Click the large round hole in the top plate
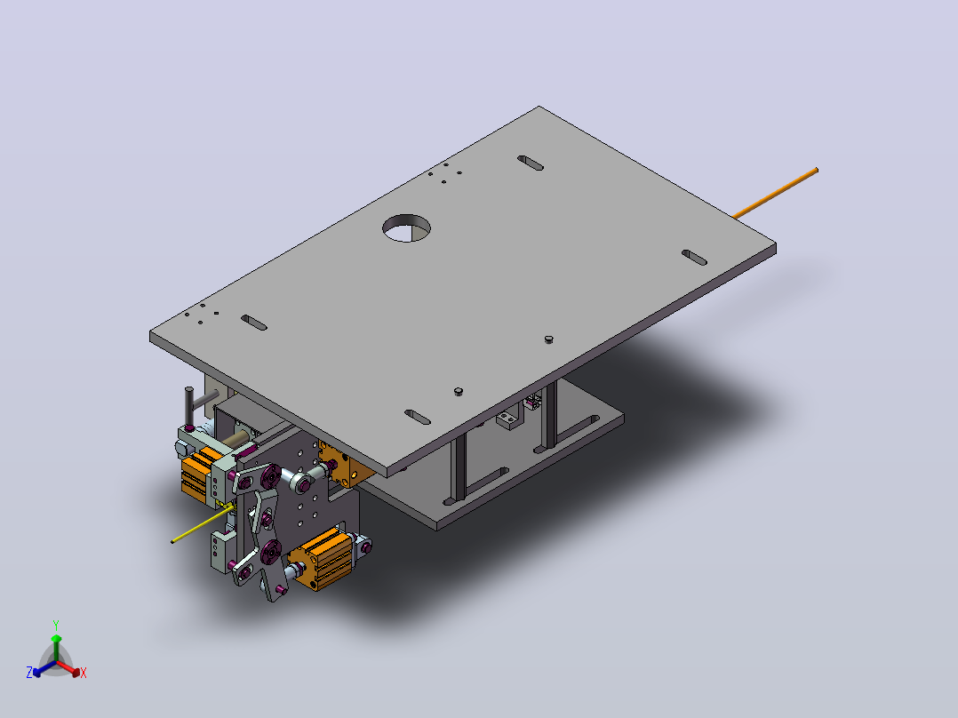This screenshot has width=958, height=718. (x=406, y=227)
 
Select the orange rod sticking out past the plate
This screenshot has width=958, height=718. (x=775, y=193)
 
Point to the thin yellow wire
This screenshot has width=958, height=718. (x=201, y=524)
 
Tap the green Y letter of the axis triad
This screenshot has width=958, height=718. (x=56, y=625)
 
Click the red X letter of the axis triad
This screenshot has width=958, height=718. (x=84, y=673)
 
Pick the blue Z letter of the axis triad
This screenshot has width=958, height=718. (x=29, y=672)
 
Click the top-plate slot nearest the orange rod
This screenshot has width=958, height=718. (x=694, y=258)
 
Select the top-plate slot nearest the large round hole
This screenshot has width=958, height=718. (x=531, y=164)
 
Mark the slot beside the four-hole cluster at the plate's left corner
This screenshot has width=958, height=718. (x=254, y=323)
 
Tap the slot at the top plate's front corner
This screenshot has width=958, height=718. (x=418, y=418)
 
